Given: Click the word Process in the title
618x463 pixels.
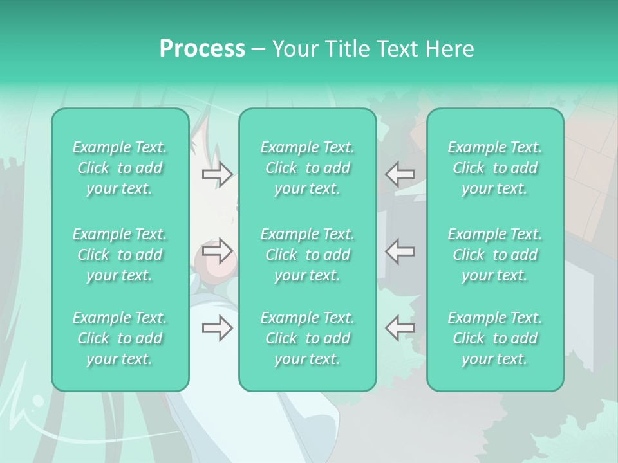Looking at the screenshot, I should (x=202, y=49).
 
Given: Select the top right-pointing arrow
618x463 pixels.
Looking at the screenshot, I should (x=217, y=174).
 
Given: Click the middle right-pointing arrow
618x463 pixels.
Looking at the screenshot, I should (x=217, y=251).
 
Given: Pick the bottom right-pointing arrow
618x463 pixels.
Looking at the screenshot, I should (x=217, y=328).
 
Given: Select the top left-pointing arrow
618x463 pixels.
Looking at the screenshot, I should (x=400, y=174).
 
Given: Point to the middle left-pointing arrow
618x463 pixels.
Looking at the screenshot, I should (x=400, y=251).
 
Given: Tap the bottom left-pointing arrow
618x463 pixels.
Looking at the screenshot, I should (x=400, y=328).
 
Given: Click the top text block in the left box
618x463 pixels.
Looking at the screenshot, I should (x=120, y=168).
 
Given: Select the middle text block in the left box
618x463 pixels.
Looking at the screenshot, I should (x=120, y=255).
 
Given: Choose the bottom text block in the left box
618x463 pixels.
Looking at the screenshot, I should (x=120, y=338).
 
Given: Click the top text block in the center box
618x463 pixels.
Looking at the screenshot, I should (x=308, y=168).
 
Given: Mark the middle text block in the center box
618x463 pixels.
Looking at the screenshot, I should (x=308, y=255).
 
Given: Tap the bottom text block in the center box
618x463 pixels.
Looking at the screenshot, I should (x=308, y=338).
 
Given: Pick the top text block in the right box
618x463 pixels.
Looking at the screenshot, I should (x=495, y=168).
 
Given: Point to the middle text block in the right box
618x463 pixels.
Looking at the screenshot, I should (x=495, y=255).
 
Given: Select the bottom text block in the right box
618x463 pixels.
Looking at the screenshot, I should (x=495, y=338).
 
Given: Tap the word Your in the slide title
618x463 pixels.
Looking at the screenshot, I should (x=293, y=49).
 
